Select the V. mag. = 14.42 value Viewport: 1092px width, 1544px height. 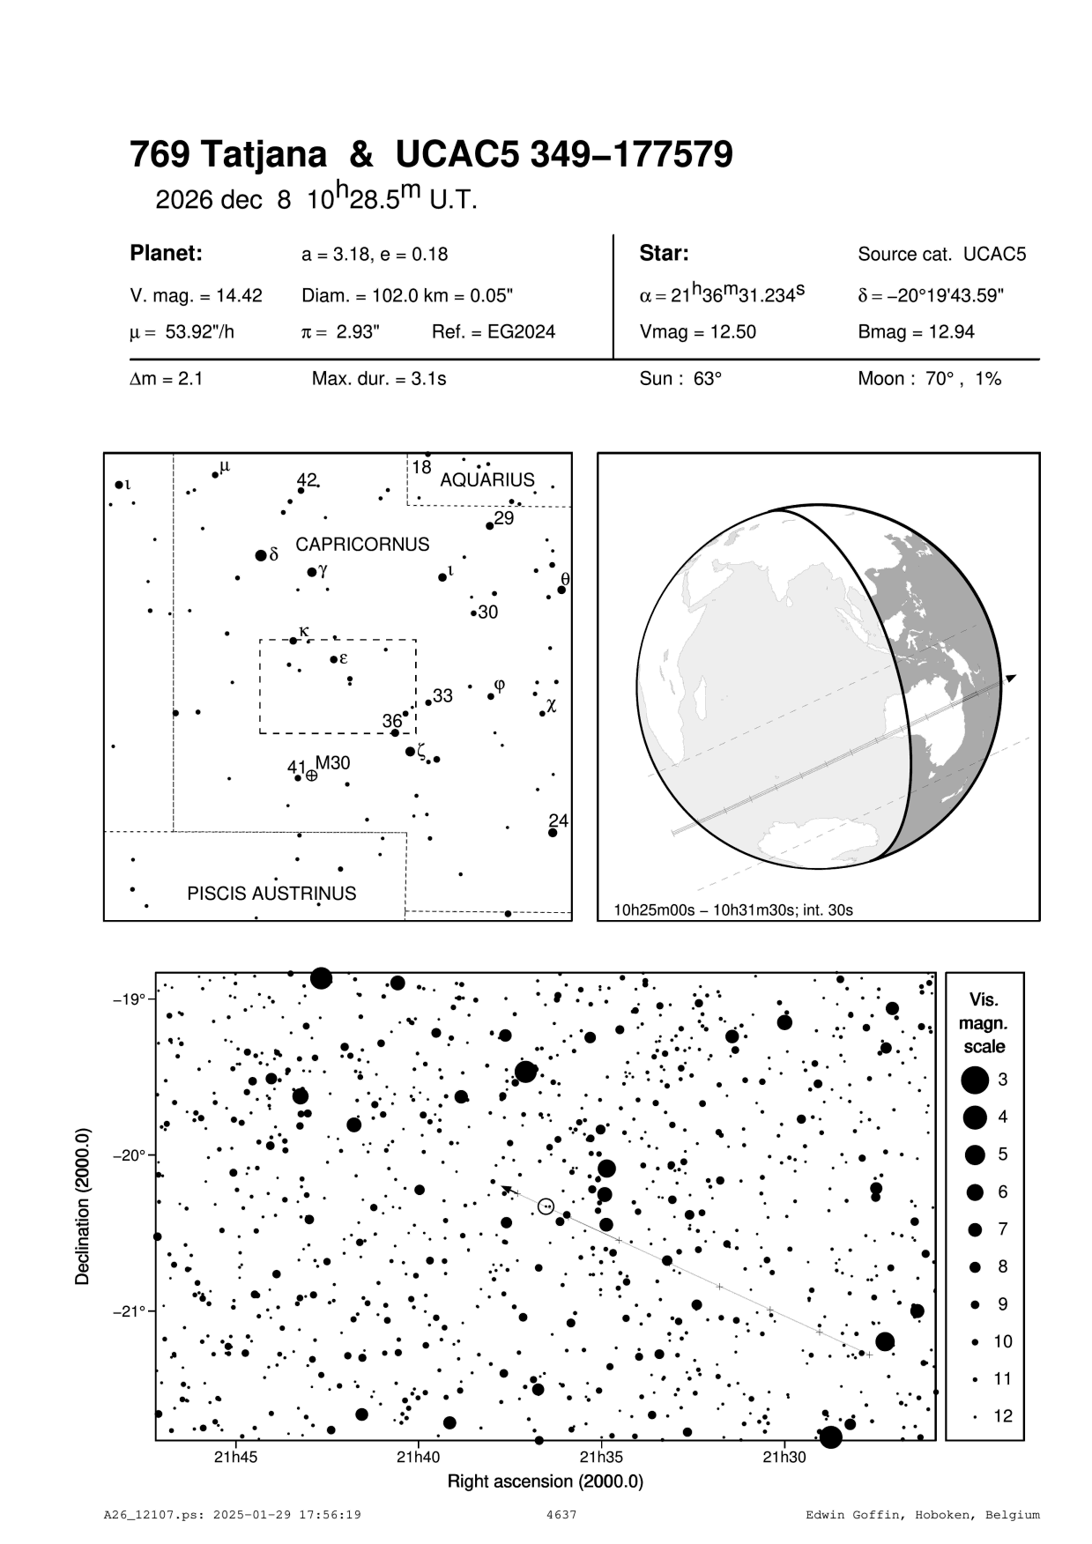196,296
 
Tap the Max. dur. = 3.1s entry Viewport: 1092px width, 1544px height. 379,380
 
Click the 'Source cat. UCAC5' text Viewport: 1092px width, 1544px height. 941,255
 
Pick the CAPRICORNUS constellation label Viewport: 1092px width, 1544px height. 362,545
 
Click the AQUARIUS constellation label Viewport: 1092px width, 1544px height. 487,480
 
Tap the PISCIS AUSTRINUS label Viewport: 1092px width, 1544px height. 271,894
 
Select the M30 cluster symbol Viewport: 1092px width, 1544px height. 312,776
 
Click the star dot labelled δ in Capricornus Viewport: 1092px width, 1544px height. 261,555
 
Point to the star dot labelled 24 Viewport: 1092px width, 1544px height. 553,833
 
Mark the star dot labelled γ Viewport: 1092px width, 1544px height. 312,572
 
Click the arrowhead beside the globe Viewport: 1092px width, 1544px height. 1011,678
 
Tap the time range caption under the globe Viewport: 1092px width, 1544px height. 733,909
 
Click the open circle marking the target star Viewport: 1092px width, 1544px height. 546,1206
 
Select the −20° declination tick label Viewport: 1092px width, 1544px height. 130,1155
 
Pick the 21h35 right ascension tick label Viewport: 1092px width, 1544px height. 601,1458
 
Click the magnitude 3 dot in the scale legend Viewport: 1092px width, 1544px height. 975,1080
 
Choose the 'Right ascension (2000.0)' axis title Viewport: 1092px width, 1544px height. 546,1481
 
